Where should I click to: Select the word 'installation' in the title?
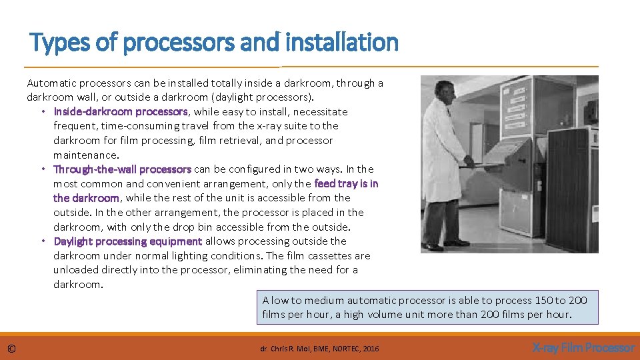tap(341, 43)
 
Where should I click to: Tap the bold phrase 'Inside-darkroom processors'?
tap(121, 111)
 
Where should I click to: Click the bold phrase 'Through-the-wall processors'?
tap(122, 169)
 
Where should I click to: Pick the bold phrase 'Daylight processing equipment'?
tap(128, 241)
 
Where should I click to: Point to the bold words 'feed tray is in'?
tap(346, 183)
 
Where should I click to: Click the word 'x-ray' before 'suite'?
tap(269, 126)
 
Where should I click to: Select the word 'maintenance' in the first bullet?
tap(85, 155)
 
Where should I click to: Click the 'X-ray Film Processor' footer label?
tap(583, 348)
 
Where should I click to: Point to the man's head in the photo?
tap(444, 90)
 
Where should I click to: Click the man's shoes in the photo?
tap(445, 244)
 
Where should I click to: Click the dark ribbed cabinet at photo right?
tap(572, 190)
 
